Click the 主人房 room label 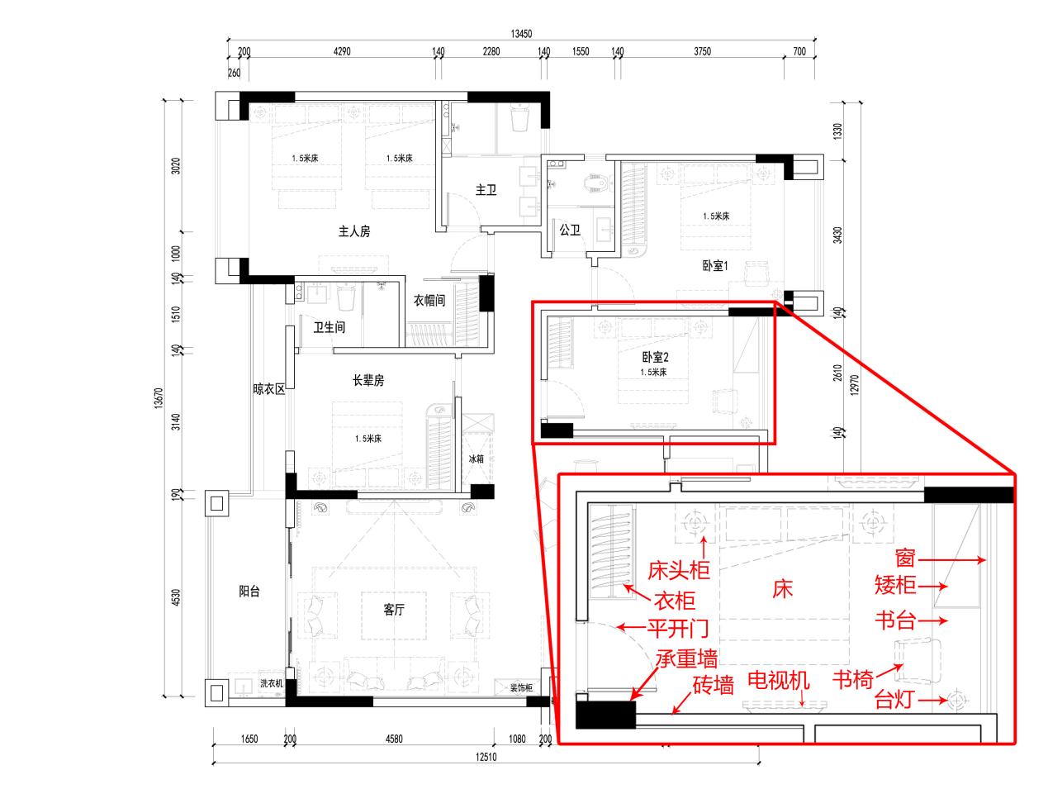click(x=354, y=231)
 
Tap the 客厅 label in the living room click(x=394, y=610)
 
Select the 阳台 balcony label click(x=249, y=592)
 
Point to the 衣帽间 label click(x=429, y=301)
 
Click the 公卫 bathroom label click(x=570, y=231)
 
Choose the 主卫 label click(x=486, y=190)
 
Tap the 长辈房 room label click(x=368, y=381)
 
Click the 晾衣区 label click(x=268, y=389)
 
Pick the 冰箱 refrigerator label click(x=476, y=459)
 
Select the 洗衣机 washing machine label click(x=271, y=683)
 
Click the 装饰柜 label click(x=521, y=688)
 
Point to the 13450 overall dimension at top click(x=521, y=34)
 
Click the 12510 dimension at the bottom click(x=486, y=757)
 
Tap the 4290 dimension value click(x=342, y=51)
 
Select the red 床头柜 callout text click(x=679, y=570)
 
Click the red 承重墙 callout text click(x=687, y=658)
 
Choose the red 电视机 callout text click(x=778, y=681)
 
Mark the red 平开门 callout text click(x=678, y=629)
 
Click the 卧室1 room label click(x=715, y=266)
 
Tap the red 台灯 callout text click(x=894, y=700)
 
